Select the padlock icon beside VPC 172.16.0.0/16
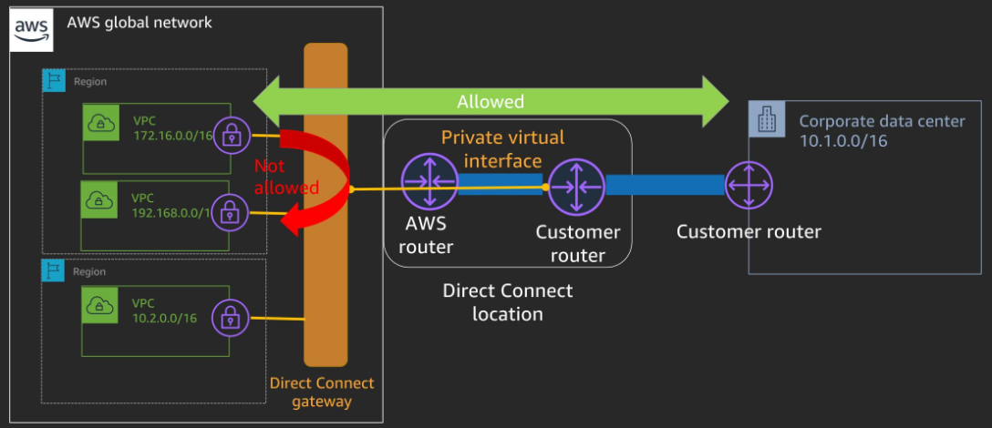231,137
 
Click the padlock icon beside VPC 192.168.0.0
230,214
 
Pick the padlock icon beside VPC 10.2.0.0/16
230,319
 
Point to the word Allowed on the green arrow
491,101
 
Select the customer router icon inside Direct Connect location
576,186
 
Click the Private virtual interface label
502,148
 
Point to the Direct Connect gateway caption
322,392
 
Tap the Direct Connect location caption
507,302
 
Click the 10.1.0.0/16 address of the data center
843,141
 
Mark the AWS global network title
139,21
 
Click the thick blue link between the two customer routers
665,185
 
